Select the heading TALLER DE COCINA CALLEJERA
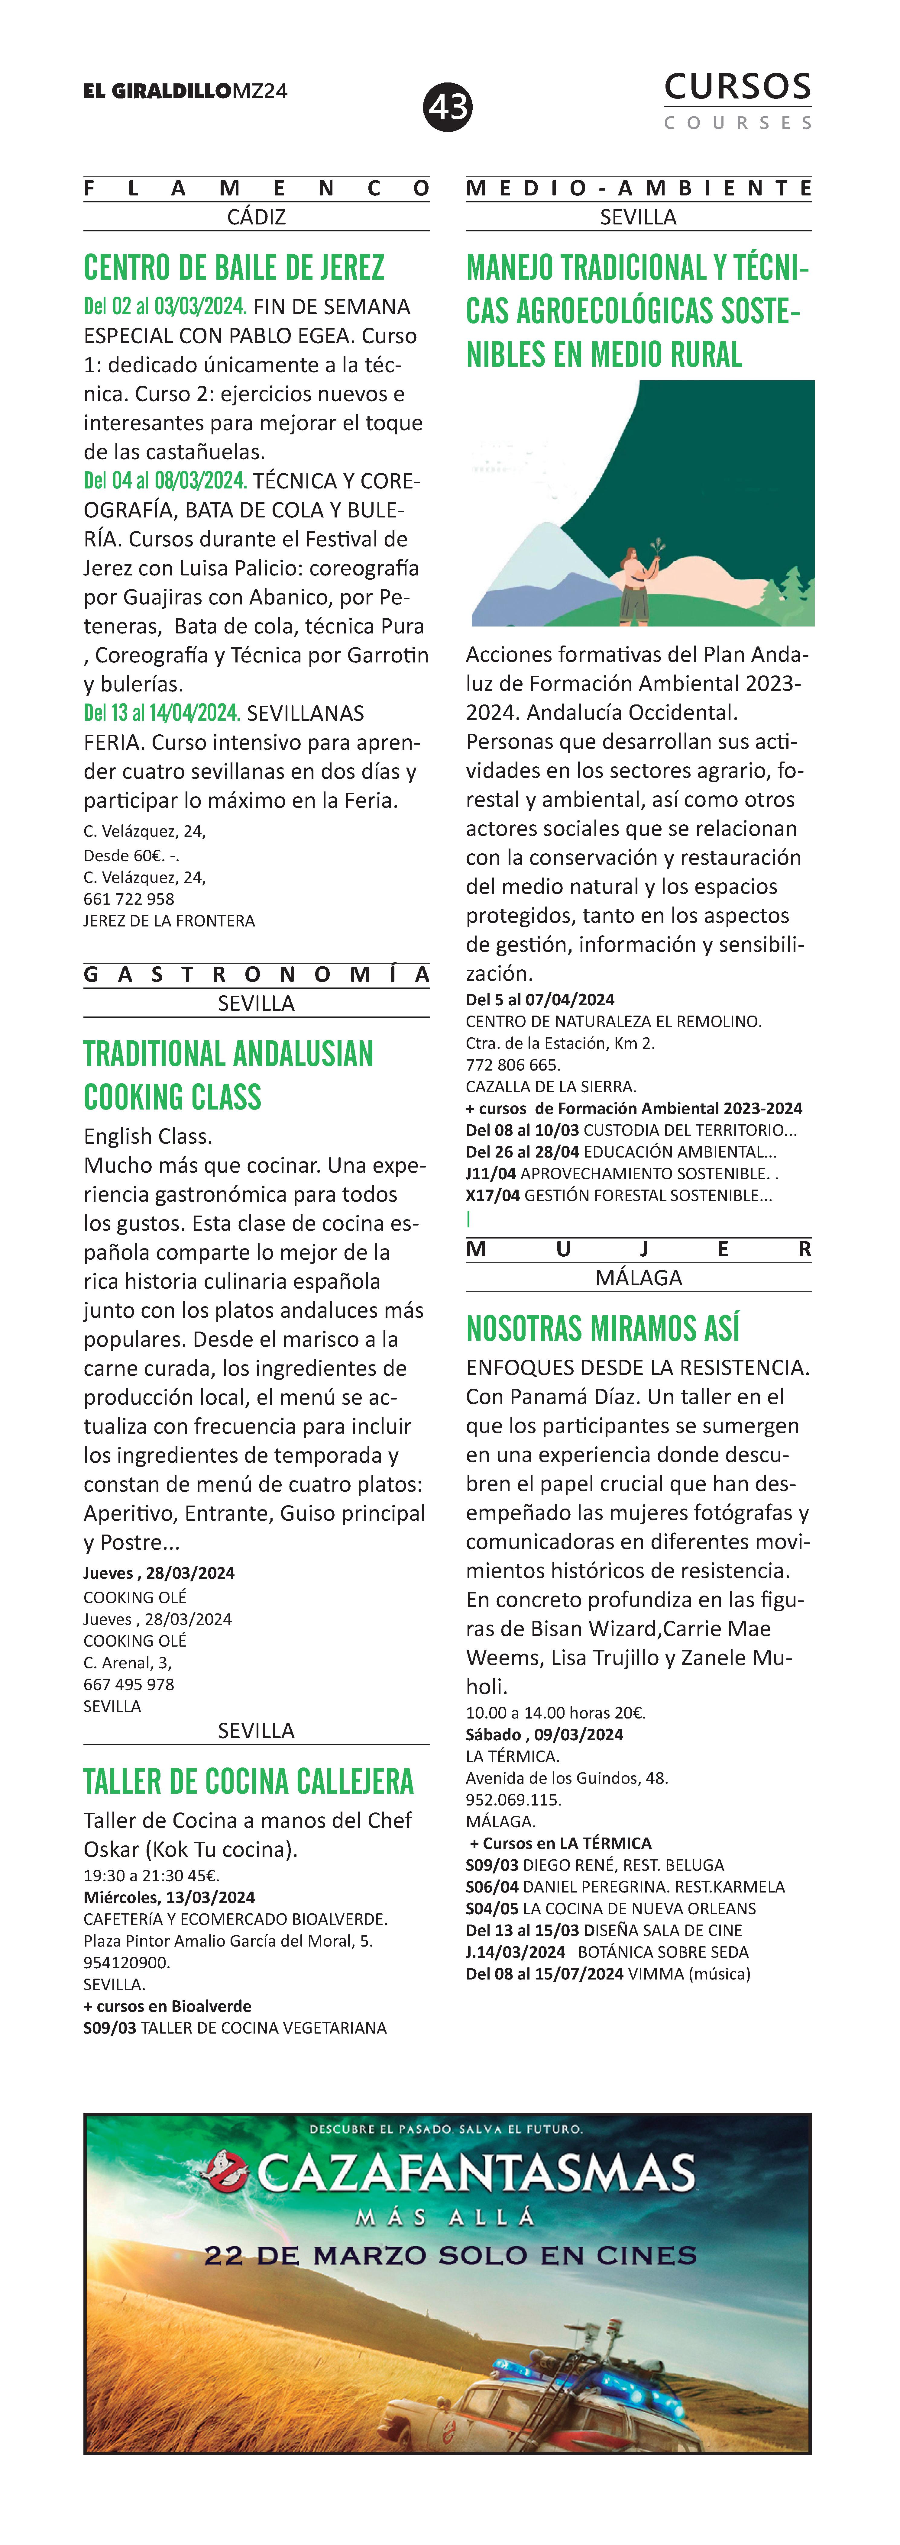[x=248, y=1781]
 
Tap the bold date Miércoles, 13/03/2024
[x=169, y=1897]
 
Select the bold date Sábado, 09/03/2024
[x=544, y=1734]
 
